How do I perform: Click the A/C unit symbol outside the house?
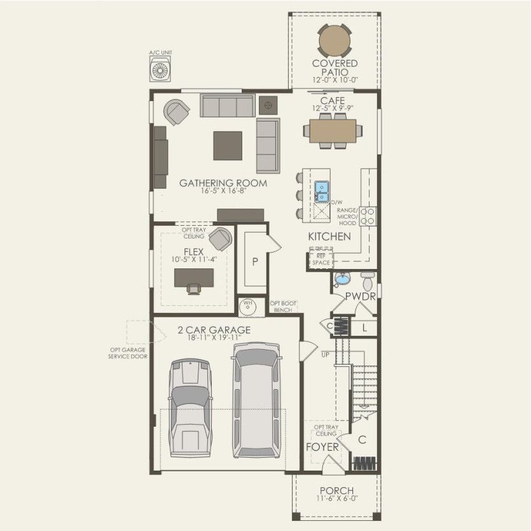click(162, 69)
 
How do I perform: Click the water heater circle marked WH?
click(247, 307)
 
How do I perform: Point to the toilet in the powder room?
click(368, 280)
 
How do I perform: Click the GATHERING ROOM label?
click(223, 183)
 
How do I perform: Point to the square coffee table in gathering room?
click(227, 145)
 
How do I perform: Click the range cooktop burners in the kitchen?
click(368, 216)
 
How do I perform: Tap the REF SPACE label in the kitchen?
click(321, 258)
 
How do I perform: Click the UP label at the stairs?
click(326, 354)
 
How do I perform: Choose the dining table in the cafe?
click(333, 130)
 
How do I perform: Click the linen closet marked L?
click(364, 328)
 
